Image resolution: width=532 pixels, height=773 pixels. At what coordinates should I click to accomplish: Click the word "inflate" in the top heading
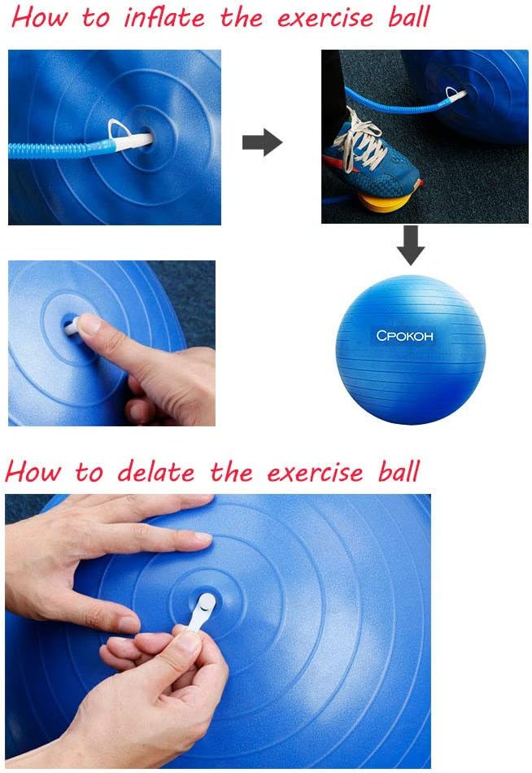164,17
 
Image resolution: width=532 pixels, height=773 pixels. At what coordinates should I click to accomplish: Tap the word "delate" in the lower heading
156,472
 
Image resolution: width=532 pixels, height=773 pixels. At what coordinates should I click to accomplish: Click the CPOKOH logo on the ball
404,336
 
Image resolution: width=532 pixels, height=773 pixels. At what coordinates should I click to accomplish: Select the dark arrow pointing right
262,142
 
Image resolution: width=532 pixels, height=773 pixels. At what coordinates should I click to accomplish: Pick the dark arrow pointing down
411,245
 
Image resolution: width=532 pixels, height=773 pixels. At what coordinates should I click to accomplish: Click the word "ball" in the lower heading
399,471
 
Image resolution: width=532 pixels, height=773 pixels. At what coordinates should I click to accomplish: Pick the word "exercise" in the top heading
325,19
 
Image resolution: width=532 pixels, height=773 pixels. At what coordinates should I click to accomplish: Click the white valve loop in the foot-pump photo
452,92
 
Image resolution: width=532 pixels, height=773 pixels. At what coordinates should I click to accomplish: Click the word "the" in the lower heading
231,471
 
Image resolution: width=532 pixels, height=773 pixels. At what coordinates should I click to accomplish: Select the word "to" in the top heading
96,18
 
